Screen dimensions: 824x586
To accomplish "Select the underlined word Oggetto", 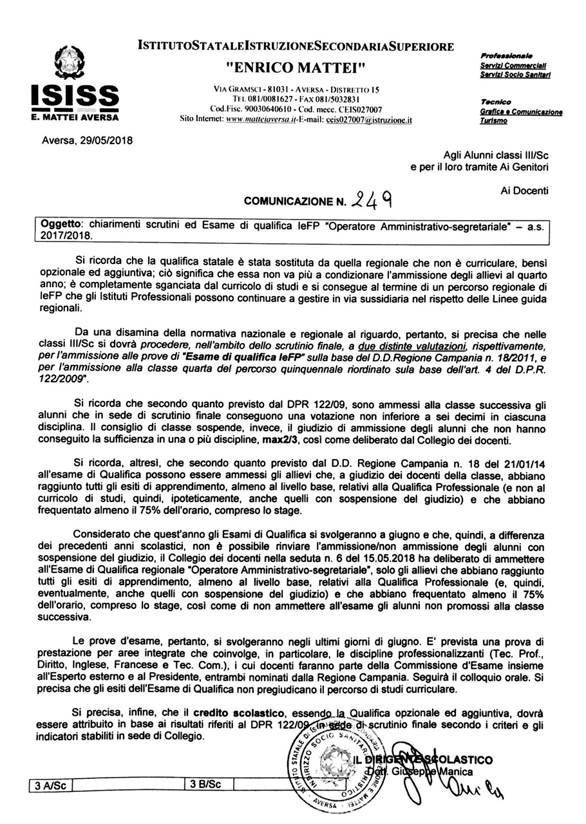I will click(62, 227).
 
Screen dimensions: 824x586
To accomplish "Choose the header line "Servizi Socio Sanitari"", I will click(514, 76).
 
